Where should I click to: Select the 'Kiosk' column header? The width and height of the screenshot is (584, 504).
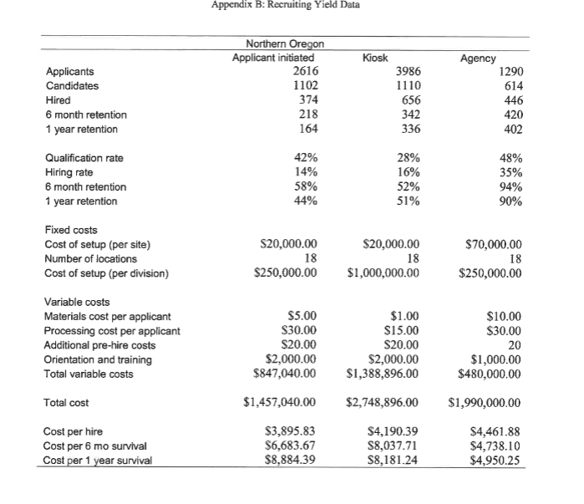click(x=377, y=58)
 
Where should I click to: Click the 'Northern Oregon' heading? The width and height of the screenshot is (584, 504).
click(x=285, y=43)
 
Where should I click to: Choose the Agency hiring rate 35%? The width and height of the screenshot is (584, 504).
click(x=508, y=172)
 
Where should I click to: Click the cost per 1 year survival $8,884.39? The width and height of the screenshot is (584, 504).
click(x=287, y=460)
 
